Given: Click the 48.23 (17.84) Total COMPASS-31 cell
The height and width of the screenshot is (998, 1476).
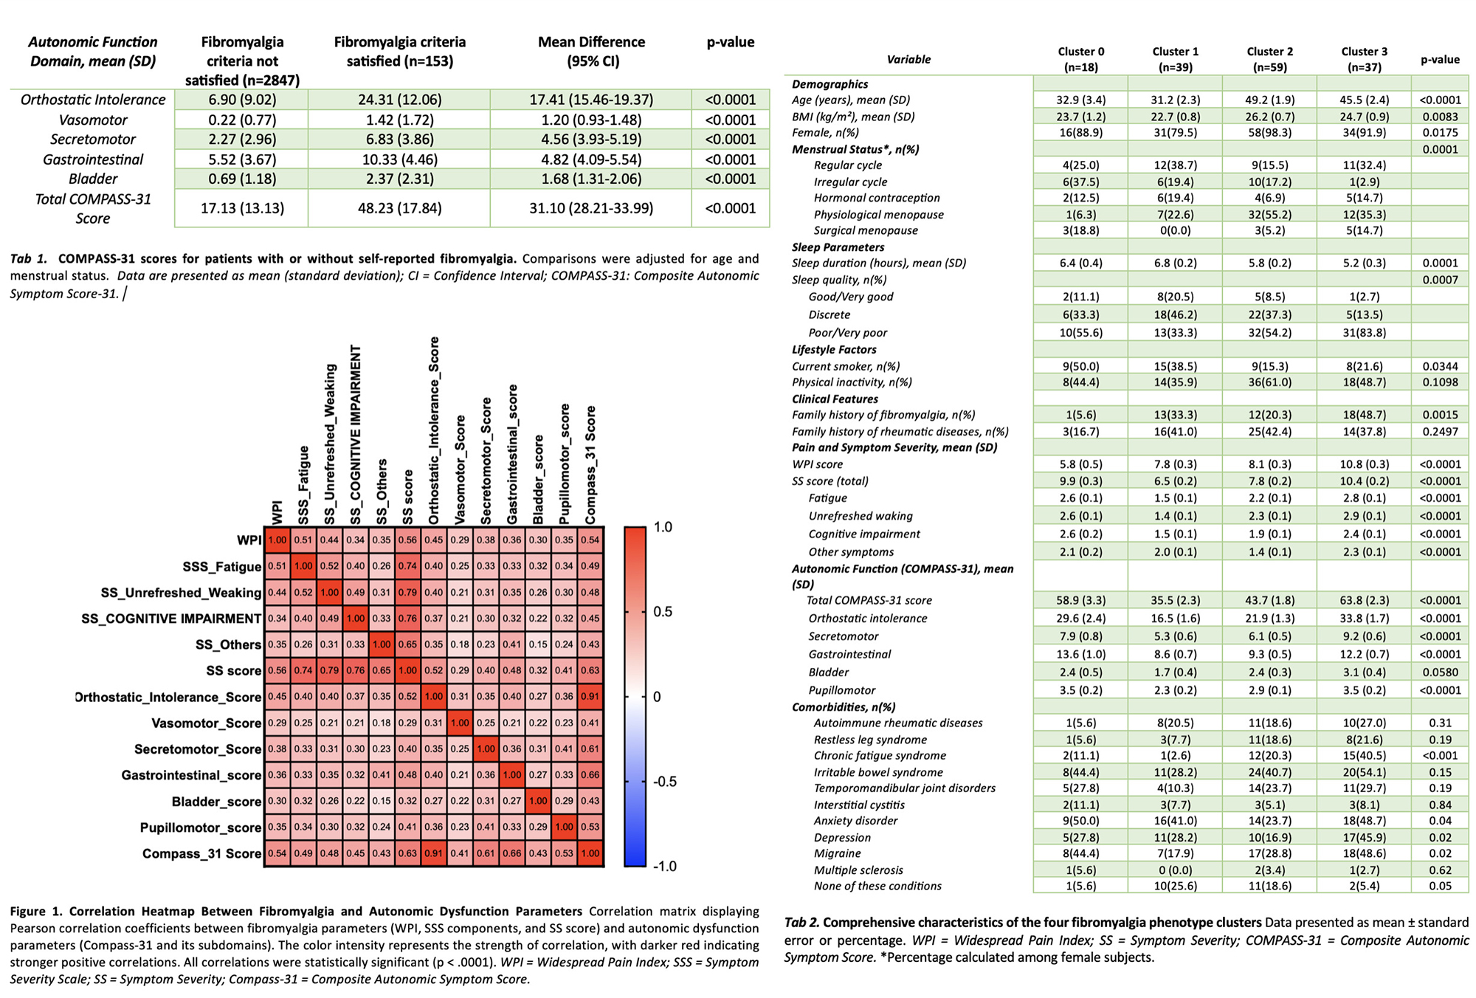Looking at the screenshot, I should [399, 208].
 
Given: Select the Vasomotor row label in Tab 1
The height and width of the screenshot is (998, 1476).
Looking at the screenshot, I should [93, 120].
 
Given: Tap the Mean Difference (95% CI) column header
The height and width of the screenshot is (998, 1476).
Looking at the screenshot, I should [591, 52].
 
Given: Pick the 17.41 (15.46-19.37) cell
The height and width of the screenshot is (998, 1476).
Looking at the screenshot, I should [591, 100].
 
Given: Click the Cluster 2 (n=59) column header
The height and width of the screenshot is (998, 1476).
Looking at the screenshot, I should [1270, 59].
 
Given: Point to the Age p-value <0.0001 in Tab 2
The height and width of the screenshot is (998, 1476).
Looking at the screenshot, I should [1440, 100].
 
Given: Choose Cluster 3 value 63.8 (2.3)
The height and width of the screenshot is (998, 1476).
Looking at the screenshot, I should [1364, 600].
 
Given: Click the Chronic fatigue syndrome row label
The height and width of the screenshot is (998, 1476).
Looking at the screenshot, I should [880, 755].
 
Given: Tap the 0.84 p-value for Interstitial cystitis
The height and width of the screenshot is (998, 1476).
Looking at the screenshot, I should [1440, 805].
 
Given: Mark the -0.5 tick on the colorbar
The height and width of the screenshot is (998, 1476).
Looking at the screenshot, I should [664, 782].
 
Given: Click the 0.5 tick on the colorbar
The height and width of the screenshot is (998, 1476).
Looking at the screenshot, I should [663, 612].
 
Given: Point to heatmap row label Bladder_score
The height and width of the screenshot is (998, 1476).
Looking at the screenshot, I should [216, 802].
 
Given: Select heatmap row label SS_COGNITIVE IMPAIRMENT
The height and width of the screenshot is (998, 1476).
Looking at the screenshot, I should [171, 619].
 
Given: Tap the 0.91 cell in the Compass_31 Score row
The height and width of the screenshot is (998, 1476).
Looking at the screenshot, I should [434, 854].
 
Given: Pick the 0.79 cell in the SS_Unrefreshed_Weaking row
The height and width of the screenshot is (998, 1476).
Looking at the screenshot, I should [408, 593].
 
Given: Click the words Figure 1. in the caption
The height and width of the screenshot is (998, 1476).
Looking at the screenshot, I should [36, 912].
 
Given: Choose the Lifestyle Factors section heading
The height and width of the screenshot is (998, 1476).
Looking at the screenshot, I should [834, 350].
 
